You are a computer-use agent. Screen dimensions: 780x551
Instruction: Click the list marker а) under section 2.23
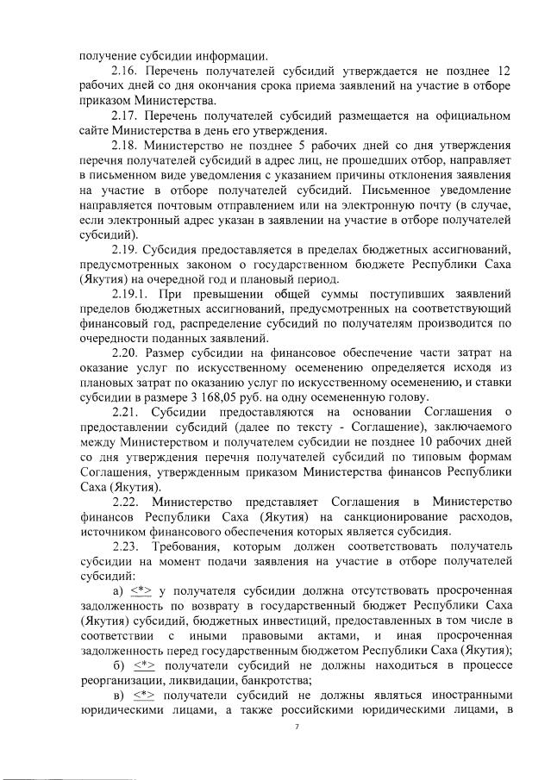click(119, 590)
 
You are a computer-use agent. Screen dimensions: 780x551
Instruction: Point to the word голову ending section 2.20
click(402, 396)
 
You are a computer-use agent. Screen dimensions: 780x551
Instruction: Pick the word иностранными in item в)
click(471, 695)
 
